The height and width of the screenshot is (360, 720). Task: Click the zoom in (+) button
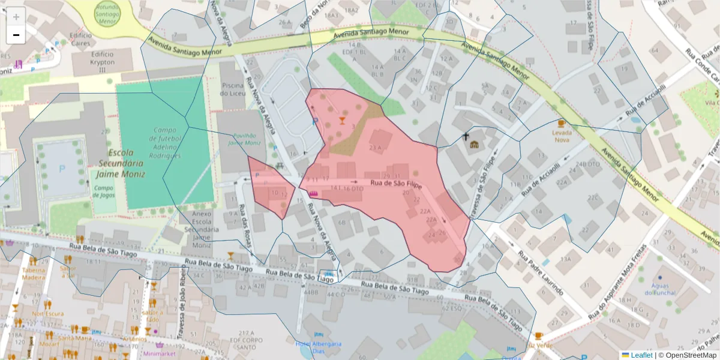coord(16,17)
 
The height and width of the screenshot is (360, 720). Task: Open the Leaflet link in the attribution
coord(641,355)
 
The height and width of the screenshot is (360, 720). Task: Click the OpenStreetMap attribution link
coord(691,355)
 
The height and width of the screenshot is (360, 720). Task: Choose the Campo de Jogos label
coord(104,191)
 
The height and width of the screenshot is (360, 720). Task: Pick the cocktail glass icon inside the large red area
coord(342,119)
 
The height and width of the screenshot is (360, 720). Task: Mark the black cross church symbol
coord(466,136)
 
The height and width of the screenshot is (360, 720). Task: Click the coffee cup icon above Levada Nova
coord(562,122)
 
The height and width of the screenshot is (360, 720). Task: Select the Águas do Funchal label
coord(659,289)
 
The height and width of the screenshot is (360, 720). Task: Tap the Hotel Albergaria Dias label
coord(318,347)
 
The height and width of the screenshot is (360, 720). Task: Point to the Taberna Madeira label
coord(34,274)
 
